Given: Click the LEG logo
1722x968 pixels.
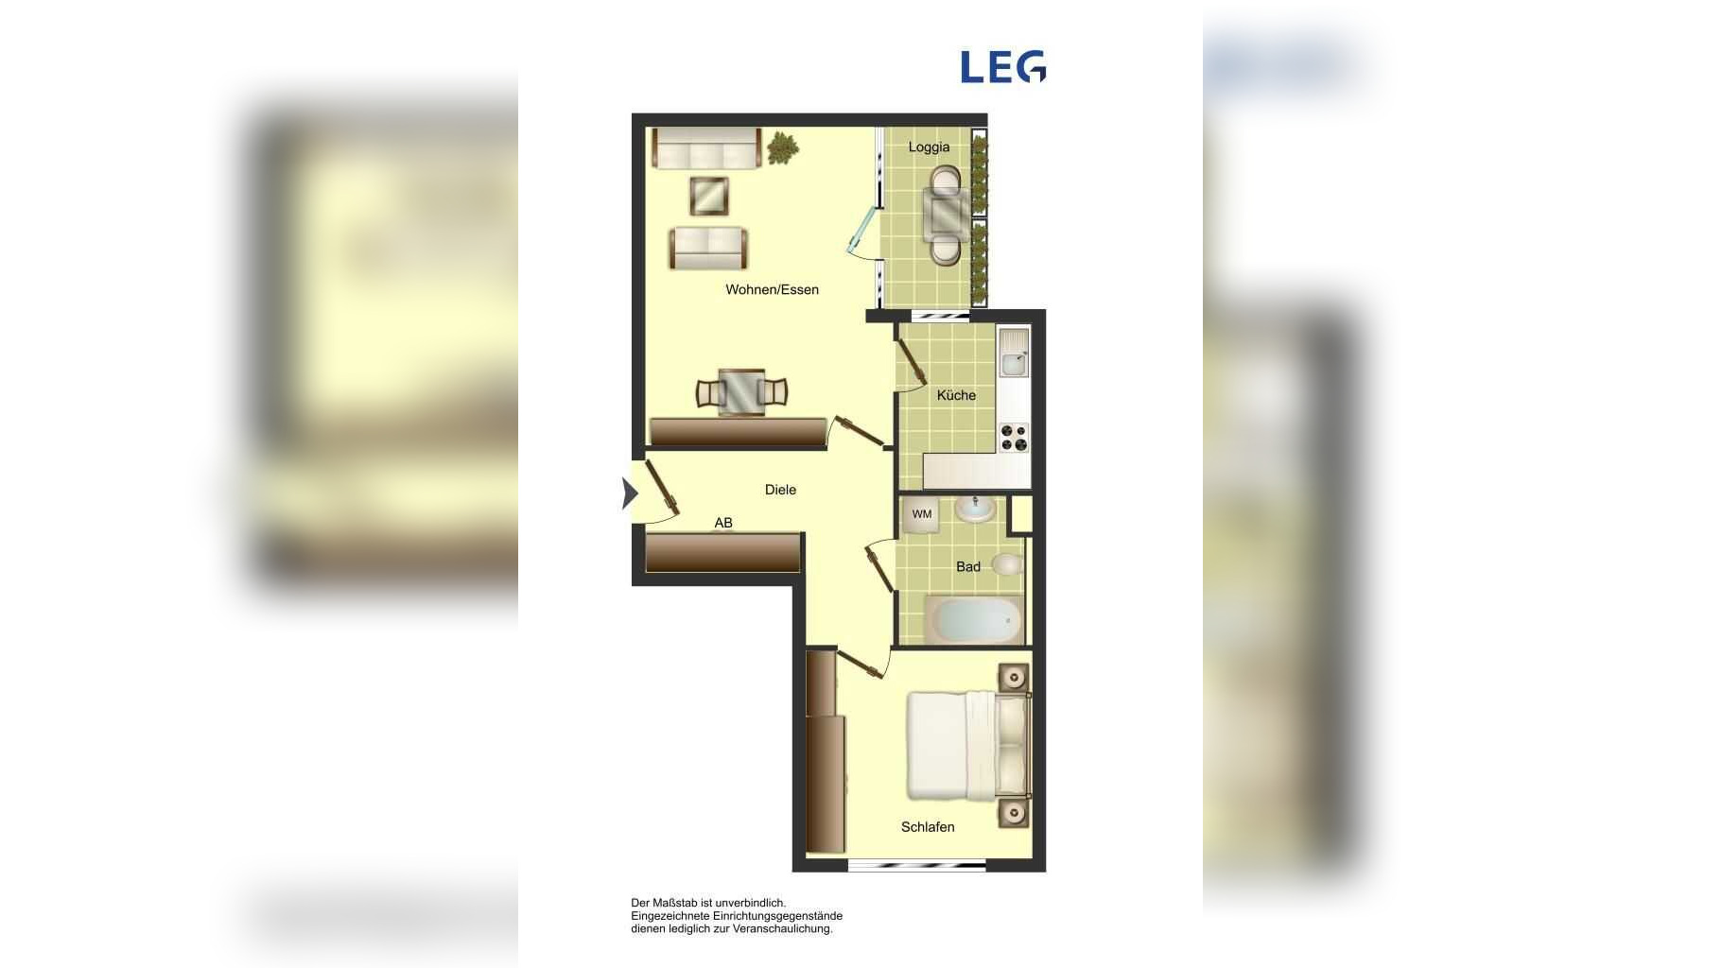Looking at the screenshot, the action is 1003,67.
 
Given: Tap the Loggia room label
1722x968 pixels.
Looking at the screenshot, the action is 929,147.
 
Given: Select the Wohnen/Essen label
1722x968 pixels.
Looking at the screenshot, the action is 772,290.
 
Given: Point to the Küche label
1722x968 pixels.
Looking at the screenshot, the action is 956,395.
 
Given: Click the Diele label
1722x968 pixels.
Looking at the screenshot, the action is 780,490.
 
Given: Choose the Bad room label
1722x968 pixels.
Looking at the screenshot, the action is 967,567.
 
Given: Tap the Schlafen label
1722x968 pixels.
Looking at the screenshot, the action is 928,827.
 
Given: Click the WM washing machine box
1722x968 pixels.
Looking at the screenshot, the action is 921,515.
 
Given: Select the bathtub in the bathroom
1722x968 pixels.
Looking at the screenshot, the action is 974,619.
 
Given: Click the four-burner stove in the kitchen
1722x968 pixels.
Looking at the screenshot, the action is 1014,438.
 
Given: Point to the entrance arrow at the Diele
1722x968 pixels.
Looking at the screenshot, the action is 630,493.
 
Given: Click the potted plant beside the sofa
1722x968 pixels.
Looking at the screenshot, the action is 782,148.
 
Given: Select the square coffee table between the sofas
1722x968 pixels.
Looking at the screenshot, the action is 709,196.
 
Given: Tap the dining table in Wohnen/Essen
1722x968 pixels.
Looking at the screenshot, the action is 741,392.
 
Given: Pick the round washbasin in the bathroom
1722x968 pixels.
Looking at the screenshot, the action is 974,510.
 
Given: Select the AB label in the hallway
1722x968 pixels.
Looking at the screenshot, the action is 723,523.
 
